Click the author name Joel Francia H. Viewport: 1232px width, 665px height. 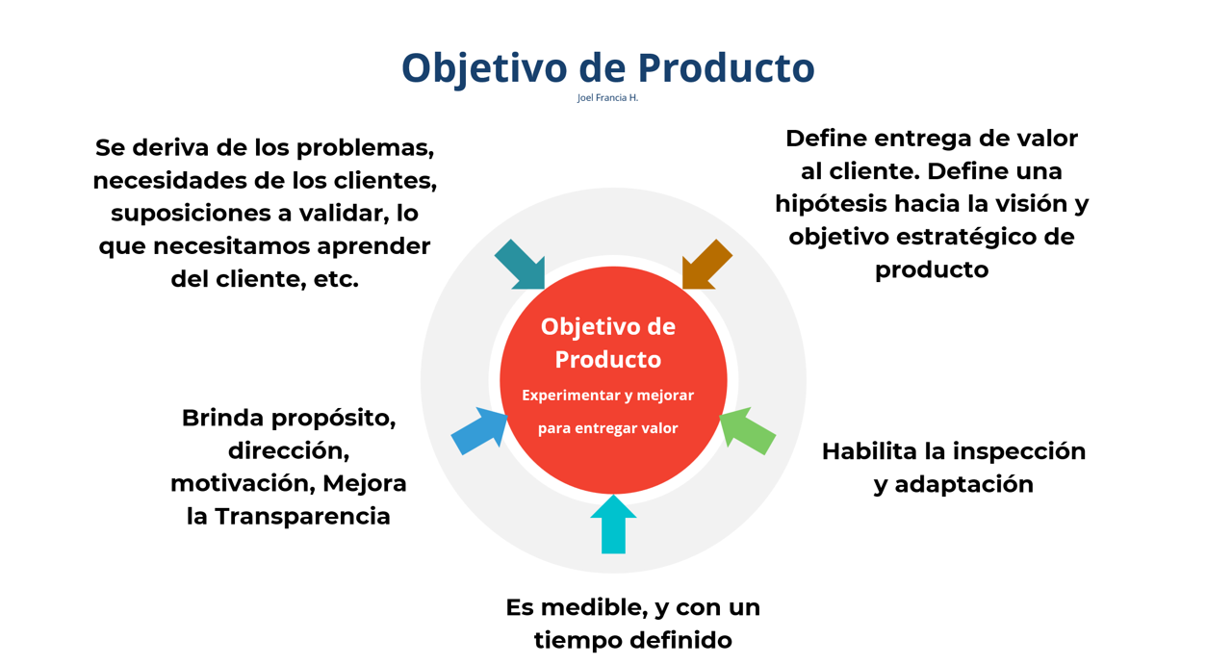[607, 98]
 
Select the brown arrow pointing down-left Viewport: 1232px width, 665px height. [706, 265]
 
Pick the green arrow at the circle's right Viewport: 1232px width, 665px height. [747, 431]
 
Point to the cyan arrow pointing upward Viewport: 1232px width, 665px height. [613, 524]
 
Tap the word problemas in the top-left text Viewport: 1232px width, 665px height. [365, 148]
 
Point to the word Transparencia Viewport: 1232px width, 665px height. [302, 517]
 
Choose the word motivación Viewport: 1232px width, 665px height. [243, 483]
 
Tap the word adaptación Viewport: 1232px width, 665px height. [963, 485]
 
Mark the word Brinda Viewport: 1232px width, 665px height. [222, 418]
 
